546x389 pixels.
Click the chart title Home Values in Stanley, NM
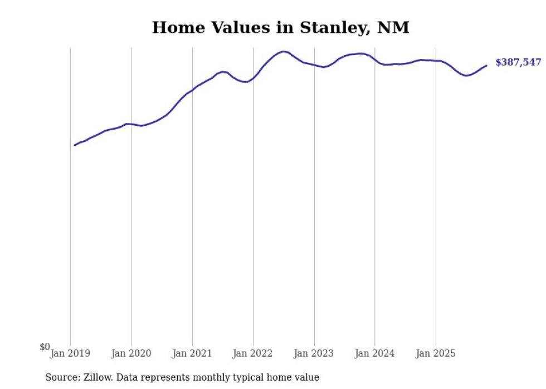280,28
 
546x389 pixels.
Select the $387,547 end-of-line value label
518,62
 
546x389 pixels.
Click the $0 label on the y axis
45,347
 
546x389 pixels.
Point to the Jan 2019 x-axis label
70,353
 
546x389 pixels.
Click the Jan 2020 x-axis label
131,353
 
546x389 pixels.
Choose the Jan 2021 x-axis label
192,353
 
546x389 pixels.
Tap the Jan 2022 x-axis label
253,353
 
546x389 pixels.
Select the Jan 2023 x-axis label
314,353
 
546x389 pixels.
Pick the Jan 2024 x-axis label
375,353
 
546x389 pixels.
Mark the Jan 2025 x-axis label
436,353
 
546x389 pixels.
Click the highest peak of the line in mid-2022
284,51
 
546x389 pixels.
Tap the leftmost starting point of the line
75,145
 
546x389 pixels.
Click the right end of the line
486,66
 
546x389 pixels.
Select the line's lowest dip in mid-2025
466,76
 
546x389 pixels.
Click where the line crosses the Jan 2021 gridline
192,90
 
